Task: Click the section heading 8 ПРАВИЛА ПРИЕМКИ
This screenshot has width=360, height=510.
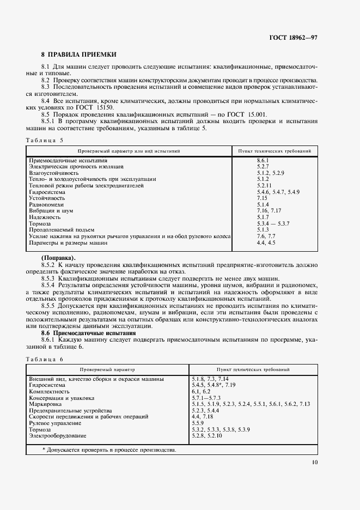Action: [79, 54]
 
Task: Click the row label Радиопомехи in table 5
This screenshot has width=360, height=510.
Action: [45, 204]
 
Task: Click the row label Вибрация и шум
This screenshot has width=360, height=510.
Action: [50, 210]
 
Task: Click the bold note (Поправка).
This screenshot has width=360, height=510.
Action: [59, 257]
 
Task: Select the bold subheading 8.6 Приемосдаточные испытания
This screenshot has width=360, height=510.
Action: [88, 332]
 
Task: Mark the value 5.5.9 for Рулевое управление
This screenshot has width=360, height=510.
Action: [198, 423]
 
